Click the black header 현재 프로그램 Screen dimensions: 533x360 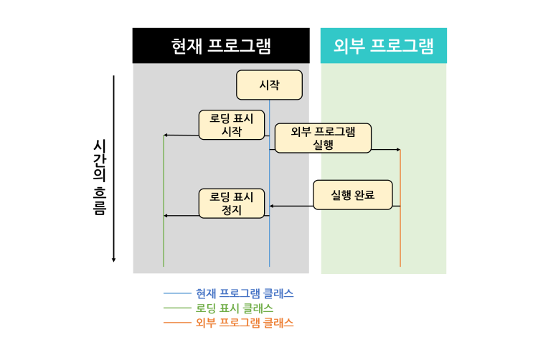(221, 46)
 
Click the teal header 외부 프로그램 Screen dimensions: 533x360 (384, 46)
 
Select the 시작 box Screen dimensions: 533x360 (269, 85)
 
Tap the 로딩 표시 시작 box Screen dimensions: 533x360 (232, 125)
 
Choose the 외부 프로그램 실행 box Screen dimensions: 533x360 (323, 138)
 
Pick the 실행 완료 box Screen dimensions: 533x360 (353, 195)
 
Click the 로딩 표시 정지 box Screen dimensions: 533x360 (232, 203)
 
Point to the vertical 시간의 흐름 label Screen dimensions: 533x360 (100, 177)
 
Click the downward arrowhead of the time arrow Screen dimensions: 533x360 (113, 260)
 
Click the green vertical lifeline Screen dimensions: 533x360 (164, 201)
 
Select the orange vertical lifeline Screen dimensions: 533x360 (400, 208)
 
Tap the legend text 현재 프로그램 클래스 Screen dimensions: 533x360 (245, 293)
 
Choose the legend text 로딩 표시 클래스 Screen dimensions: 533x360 (235, 308)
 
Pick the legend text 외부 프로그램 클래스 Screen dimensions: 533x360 (245, 323)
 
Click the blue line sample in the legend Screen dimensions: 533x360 (177, 293)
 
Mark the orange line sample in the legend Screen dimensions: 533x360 (177, 323)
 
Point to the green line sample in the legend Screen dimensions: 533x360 (177, 308)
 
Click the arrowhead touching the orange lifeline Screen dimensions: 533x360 (398, 150)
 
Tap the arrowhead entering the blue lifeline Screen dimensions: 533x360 (272, 206)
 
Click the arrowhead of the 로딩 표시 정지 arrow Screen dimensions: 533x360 (166, 216)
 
